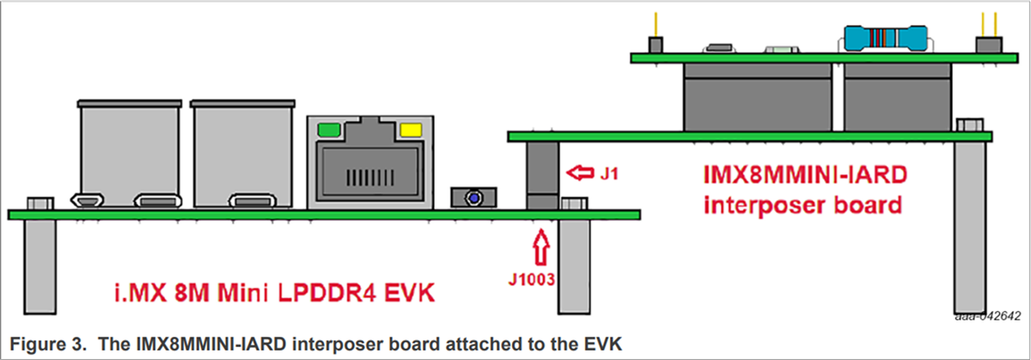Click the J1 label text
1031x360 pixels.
pos(611,174)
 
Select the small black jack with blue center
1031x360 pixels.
pos(472,198)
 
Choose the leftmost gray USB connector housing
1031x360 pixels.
pos(130,155)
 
